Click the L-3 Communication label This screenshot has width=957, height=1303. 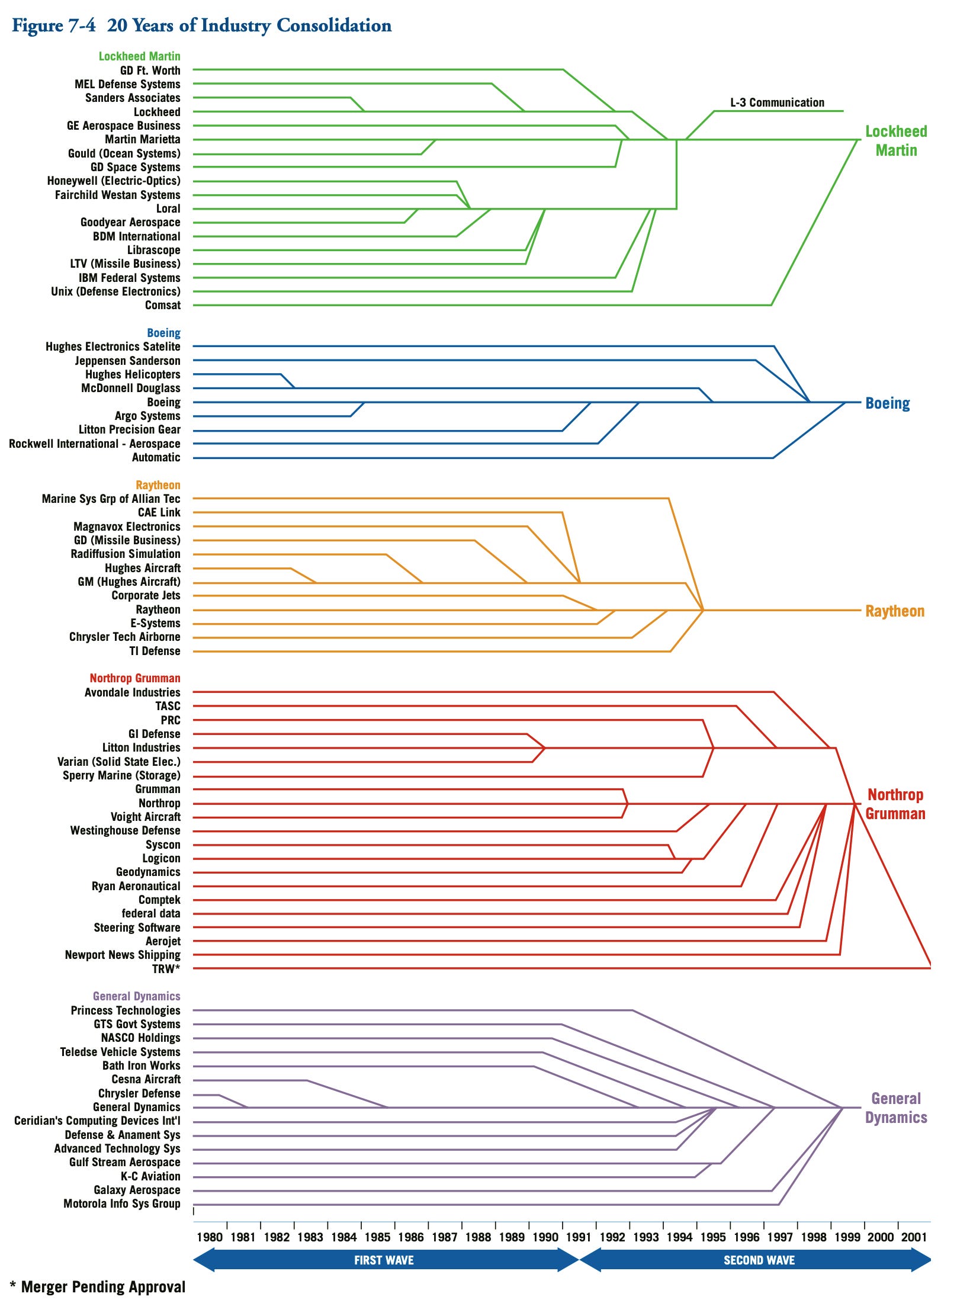(x=777, y=102)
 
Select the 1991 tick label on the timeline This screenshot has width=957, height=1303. (x=579, y=1237)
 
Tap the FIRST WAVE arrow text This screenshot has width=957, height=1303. (x=384, y=1260)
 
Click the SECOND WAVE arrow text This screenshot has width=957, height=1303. (x=759, y=1260)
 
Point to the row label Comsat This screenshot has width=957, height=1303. (x=163, y=306)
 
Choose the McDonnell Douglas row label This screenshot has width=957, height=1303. (x=131, y=389)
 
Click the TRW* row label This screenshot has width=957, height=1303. (x=166, y=968)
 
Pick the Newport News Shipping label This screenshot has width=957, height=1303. (x=123, y=955)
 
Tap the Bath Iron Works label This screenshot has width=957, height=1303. (x=141, y=1065)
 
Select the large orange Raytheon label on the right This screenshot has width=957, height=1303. (x=894, y=611)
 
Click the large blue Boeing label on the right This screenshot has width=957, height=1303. (x=887, y=403)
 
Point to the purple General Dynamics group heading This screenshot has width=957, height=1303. (x=136, y=996)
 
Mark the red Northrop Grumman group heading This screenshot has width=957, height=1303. (x=135, y=678)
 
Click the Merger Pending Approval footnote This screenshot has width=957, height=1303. (x=98, y=1286)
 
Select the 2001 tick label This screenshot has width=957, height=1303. (x=914, y=1237)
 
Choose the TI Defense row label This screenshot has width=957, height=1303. (x=155, y=651)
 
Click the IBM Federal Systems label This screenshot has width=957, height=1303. (x=130, y=278)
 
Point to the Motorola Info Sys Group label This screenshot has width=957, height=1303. (x=122, y=1203)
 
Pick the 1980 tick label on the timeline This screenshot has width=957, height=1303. (x=210, y=1237)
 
